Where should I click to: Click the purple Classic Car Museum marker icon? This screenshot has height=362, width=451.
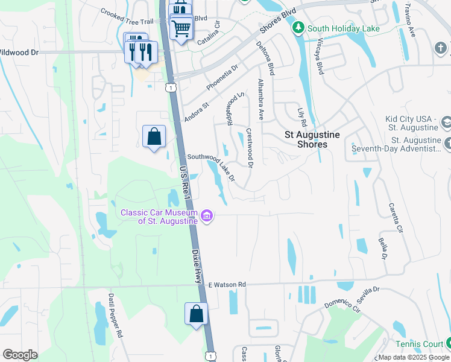(207, 215)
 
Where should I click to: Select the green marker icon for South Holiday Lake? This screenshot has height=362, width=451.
(297, 28)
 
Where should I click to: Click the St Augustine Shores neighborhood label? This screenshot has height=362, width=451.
(313, 139)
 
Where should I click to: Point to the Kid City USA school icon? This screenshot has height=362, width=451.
(446, 123)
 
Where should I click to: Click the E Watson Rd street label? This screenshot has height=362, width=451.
(227, 284)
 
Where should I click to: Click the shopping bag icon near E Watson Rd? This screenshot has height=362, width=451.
(196, 314)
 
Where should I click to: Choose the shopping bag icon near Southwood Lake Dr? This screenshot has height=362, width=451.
(154, 137)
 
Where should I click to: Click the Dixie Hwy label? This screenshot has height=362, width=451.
(197, 267)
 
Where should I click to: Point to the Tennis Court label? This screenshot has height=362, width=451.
(420, 344)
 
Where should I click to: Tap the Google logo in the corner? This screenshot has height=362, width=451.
(20, 355)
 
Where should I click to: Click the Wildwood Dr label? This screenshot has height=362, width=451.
(19, 52)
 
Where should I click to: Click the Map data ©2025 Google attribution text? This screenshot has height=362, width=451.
(414, 357)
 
